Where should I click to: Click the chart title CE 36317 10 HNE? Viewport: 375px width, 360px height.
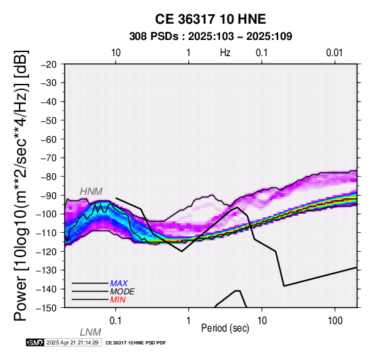(211, 19)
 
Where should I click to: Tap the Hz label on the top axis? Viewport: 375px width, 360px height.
(225, 53)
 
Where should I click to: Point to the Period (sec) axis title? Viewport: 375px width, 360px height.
(225, 328)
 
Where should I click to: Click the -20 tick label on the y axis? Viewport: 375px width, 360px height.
(49, 64)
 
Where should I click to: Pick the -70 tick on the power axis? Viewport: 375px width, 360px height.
(49, 158)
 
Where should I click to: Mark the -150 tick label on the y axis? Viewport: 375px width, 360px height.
(47, 308)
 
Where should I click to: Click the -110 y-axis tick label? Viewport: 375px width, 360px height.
(47, 233)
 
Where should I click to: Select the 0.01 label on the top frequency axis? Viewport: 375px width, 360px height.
(334, 53)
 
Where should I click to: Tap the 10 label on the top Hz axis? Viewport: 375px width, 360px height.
(116, 53)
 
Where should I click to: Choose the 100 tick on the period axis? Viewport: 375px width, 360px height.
(335, 321)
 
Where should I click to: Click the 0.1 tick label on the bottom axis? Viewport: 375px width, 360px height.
(116, 321)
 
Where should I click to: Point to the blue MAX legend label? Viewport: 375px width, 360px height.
(119, 284)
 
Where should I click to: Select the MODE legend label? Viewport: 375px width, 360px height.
(123, 292)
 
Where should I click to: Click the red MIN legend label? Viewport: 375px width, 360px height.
(118, 300)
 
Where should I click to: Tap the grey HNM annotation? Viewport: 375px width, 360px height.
(91, 192)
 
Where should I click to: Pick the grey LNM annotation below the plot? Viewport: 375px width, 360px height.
(91, 332)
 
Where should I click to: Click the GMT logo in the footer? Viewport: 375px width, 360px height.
(35, 342)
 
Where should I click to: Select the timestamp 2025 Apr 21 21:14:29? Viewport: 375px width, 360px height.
(72, 342)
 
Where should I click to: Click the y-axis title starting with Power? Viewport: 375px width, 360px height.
(21, 185)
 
